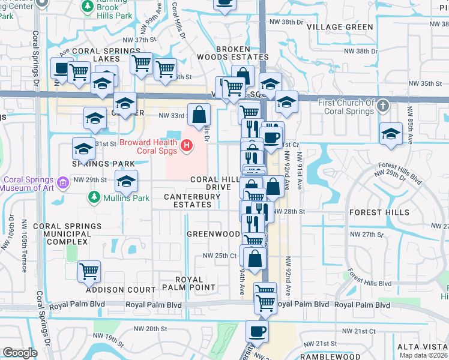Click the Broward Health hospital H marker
(187, 145)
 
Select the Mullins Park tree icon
(93, 197)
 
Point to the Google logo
(20, 353)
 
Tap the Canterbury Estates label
(187, 200)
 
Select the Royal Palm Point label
(195, 284)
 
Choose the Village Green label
(340, 27)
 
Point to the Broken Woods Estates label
(224, 53)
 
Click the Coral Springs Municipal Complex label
(67, 233)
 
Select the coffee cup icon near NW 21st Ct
(257, 331)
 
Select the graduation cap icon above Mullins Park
(126, 181)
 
